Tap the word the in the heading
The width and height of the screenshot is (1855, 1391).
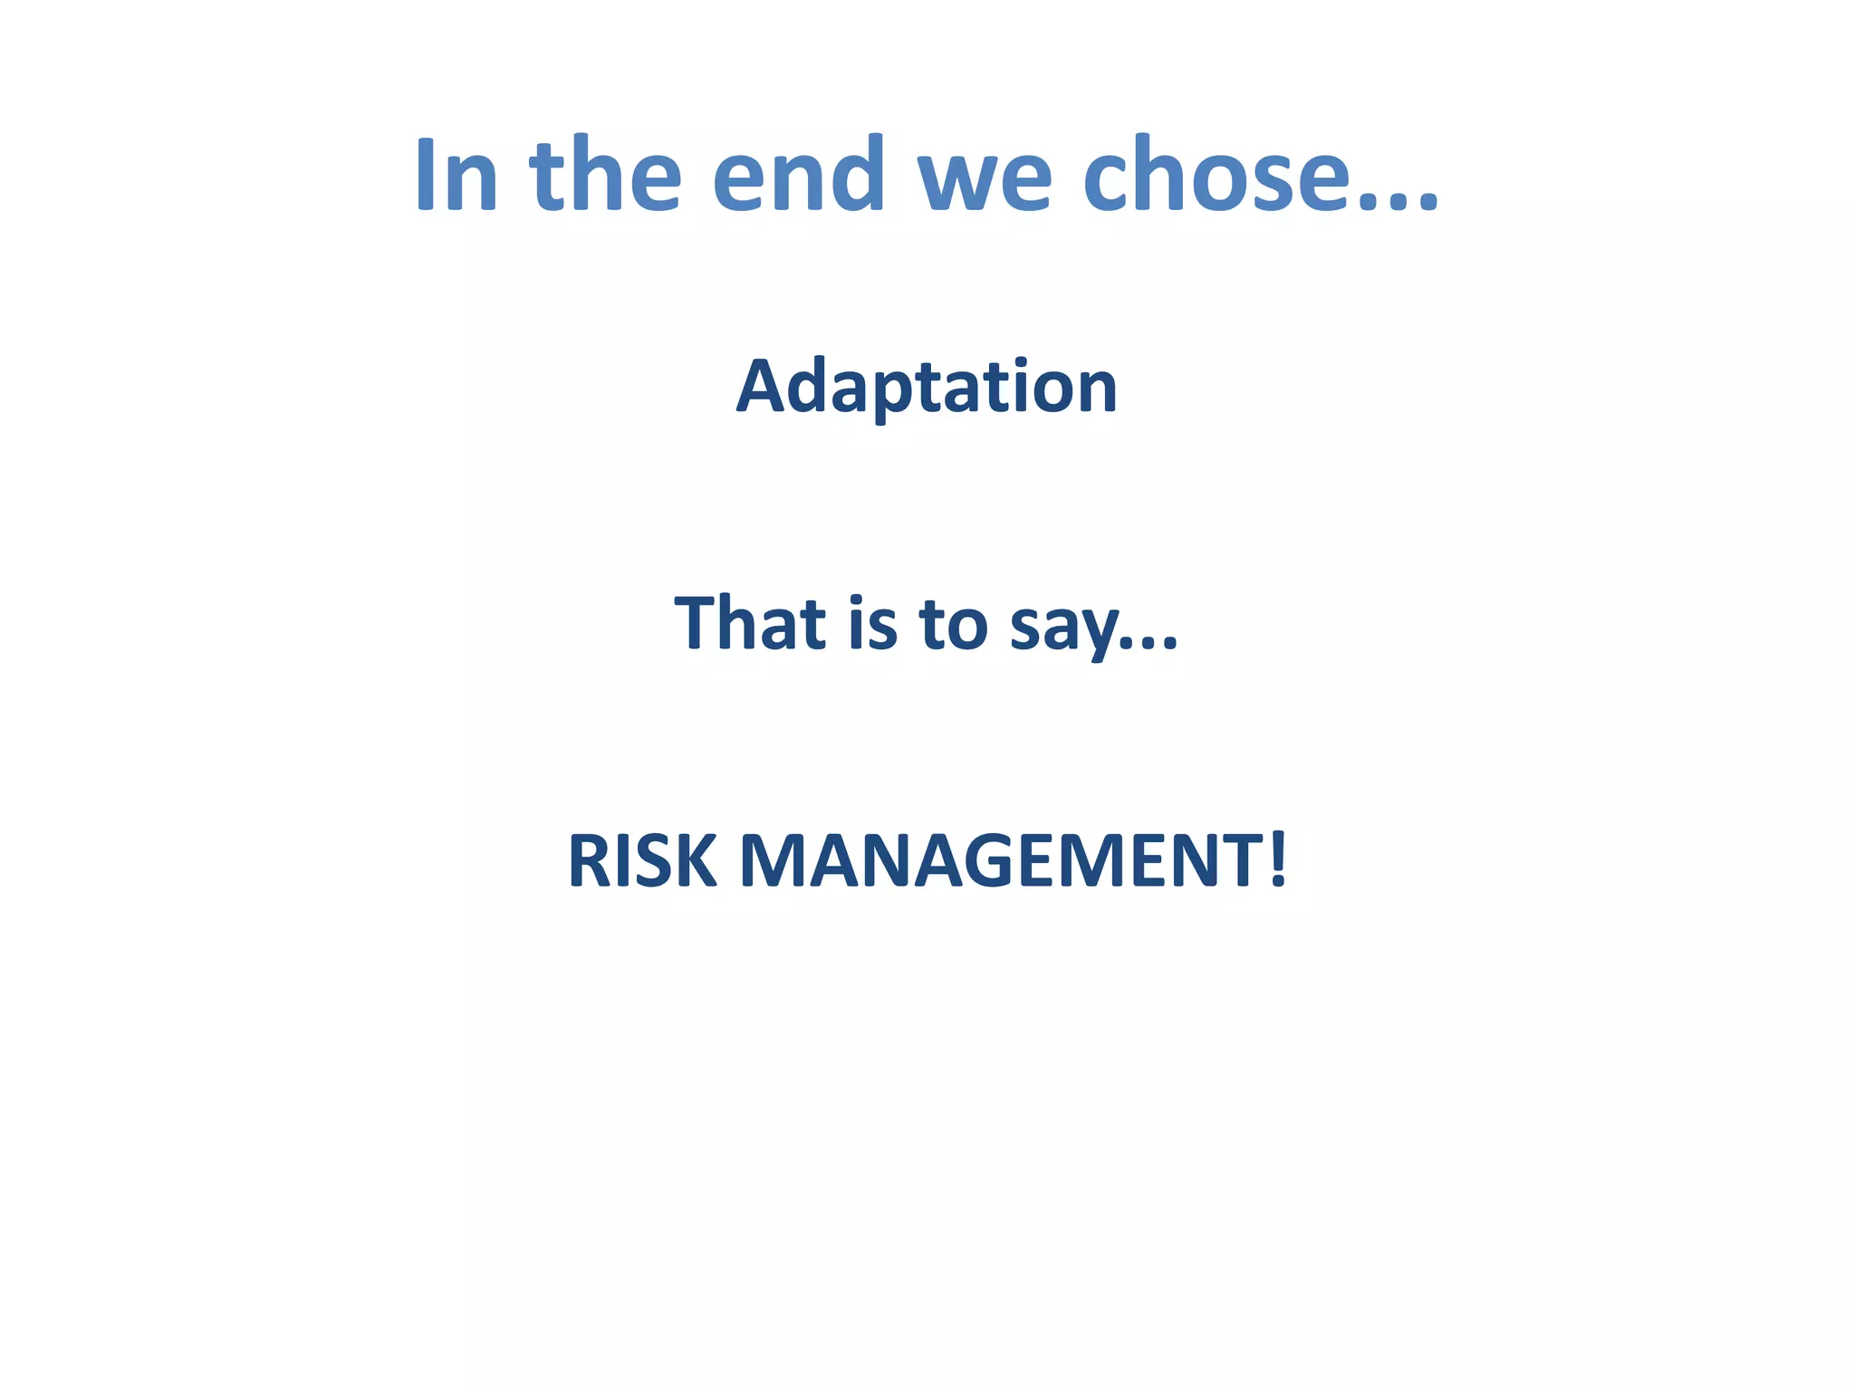click(x=604, y=176)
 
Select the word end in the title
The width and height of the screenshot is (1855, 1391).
click(x=798, y=176)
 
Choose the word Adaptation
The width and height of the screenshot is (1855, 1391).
click(x=927, y=388)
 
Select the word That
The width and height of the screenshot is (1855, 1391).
click(x=751, y=623)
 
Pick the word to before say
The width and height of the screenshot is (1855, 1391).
click(x=954, y=625)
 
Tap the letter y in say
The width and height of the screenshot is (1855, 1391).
click(x=1101, y=634)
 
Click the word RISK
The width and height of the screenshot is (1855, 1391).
click(x=642, y=861)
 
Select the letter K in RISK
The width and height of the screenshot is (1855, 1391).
click(x=695, y=861)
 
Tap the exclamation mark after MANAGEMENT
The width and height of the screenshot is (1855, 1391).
click(x=1277, y=859)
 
